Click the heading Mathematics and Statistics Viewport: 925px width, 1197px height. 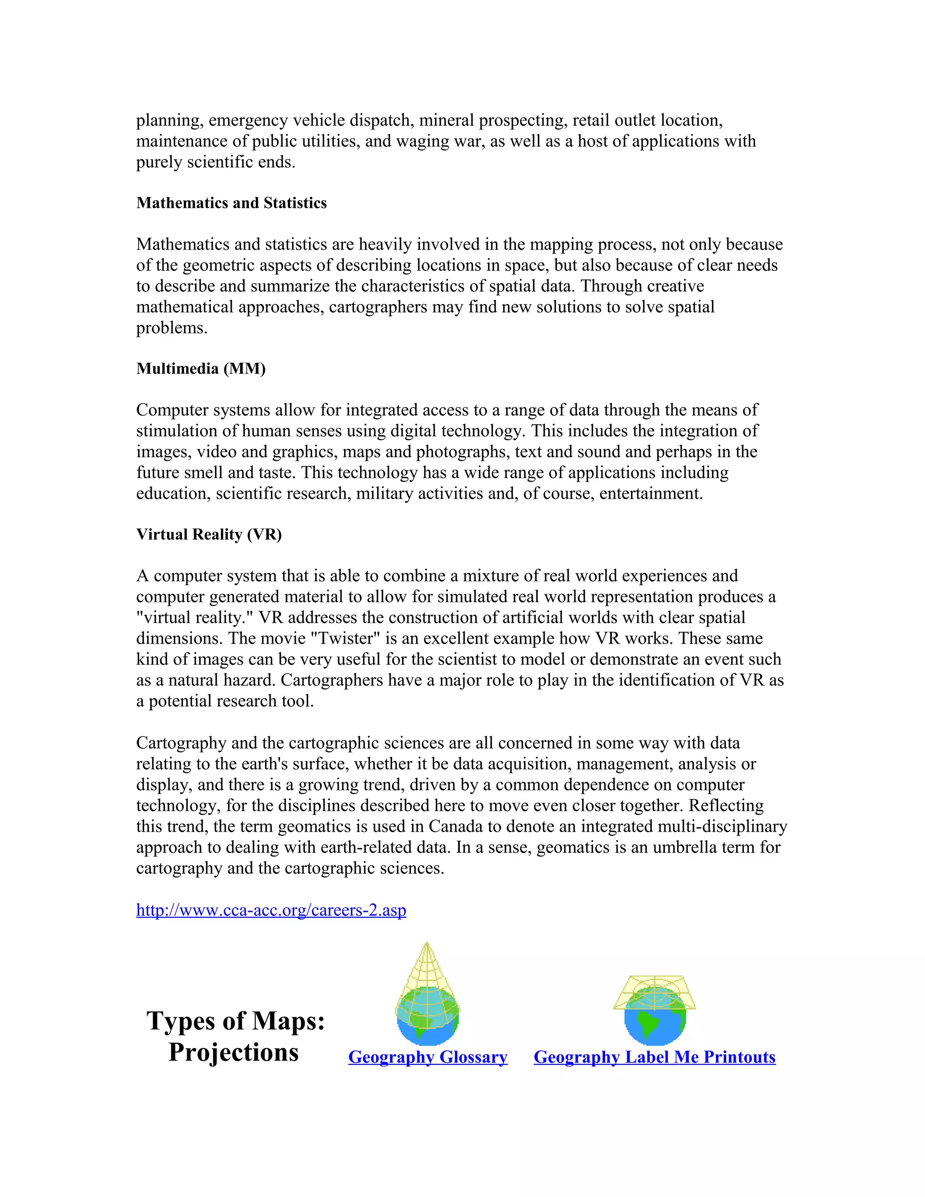coord(231,203)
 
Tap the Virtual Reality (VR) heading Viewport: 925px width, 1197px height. coord(209,534)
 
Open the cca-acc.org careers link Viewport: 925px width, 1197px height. coord(271,910)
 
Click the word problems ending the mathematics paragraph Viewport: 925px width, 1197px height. coord(172,328)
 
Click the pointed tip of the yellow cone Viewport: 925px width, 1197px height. coord(427,944)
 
